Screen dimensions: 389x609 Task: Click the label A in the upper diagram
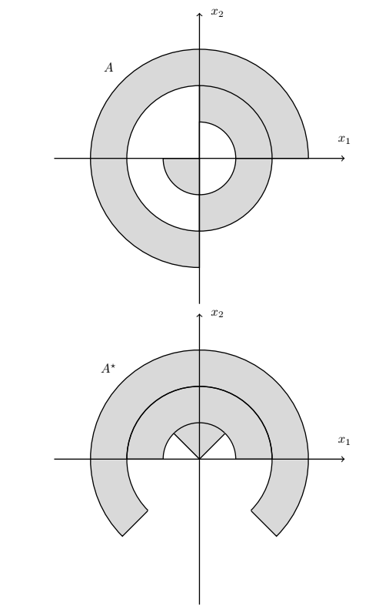click(x=109, y=68)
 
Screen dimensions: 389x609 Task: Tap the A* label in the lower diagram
click(x=108, y=368)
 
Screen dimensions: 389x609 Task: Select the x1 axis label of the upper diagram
click(x=344, y=139)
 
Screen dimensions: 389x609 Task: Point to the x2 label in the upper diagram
click(x=218, y=12)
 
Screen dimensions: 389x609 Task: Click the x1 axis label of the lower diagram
click(x=344, y=440)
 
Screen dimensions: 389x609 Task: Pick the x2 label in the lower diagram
click(x=218, y=313)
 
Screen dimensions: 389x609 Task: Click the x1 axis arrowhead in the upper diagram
click(x=343, y=159)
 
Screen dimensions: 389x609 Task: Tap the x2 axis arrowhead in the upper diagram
click(x=199, y=15)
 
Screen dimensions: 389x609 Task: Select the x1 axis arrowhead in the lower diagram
click(x=343, y=459)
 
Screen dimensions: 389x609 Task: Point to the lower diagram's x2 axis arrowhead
click(x=199, y=316)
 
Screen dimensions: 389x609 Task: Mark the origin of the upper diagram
click(x=199, y=159)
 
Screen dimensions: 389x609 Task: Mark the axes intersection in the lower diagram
click(x=199, y=459)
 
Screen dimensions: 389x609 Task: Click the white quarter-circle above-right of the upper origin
click(x=213, y=145)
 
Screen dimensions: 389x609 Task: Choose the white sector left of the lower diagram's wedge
click(x=177, y=450)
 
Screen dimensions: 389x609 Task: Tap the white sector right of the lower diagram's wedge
click(x=222, y=450)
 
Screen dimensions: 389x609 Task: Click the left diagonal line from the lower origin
click(x=187, y=447)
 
